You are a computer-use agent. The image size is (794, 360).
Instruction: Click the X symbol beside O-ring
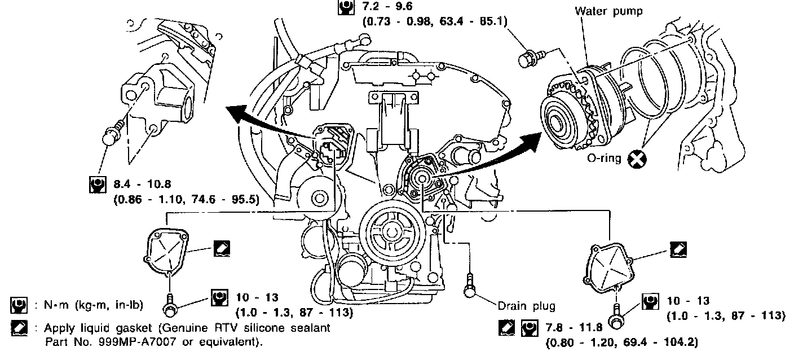coord(638,160)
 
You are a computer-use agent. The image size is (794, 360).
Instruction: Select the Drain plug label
coord(526,306)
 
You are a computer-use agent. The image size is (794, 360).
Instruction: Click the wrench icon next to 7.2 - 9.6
coord(343,8)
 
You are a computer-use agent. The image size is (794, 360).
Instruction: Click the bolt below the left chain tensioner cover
coord(169,305)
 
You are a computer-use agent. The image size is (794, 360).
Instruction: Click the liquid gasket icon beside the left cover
coord(222,247)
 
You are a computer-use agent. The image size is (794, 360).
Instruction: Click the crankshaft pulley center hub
coord(389,231)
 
